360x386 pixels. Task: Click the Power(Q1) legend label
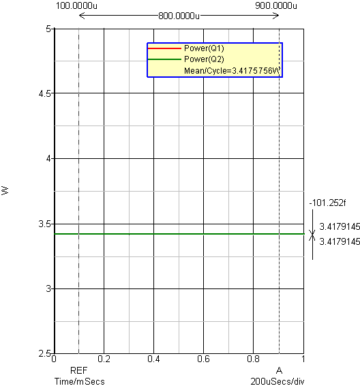204,48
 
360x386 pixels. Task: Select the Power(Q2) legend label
204,59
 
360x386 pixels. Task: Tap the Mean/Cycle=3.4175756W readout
232,71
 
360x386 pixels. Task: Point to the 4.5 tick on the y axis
44,93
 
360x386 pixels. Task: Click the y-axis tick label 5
48,29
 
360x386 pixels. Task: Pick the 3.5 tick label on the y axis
44,224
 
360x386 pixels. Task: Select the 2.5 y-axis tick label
44,353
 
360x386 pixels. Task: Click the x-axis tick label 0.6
203,359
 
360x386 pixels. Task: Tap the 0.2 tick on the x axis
104,359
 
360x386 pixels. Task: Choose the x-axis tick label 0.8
253,359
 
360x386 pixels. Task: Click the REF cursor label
78,370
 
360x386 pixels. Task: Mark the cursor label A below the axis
279,370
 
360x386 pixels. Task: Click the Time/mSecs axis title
80,381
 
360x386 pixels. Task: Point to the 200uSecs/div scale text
277,381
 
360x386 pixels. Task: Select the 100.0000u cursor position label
76,5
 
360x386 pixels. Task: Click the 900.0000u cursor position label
276,5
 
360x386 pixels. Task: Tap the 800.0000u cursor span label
179,16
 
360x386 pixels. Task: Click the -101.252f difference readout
327,203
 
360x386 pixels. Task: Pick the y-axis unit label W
5,190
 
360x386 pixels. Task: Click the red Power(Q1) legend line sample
164,48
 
